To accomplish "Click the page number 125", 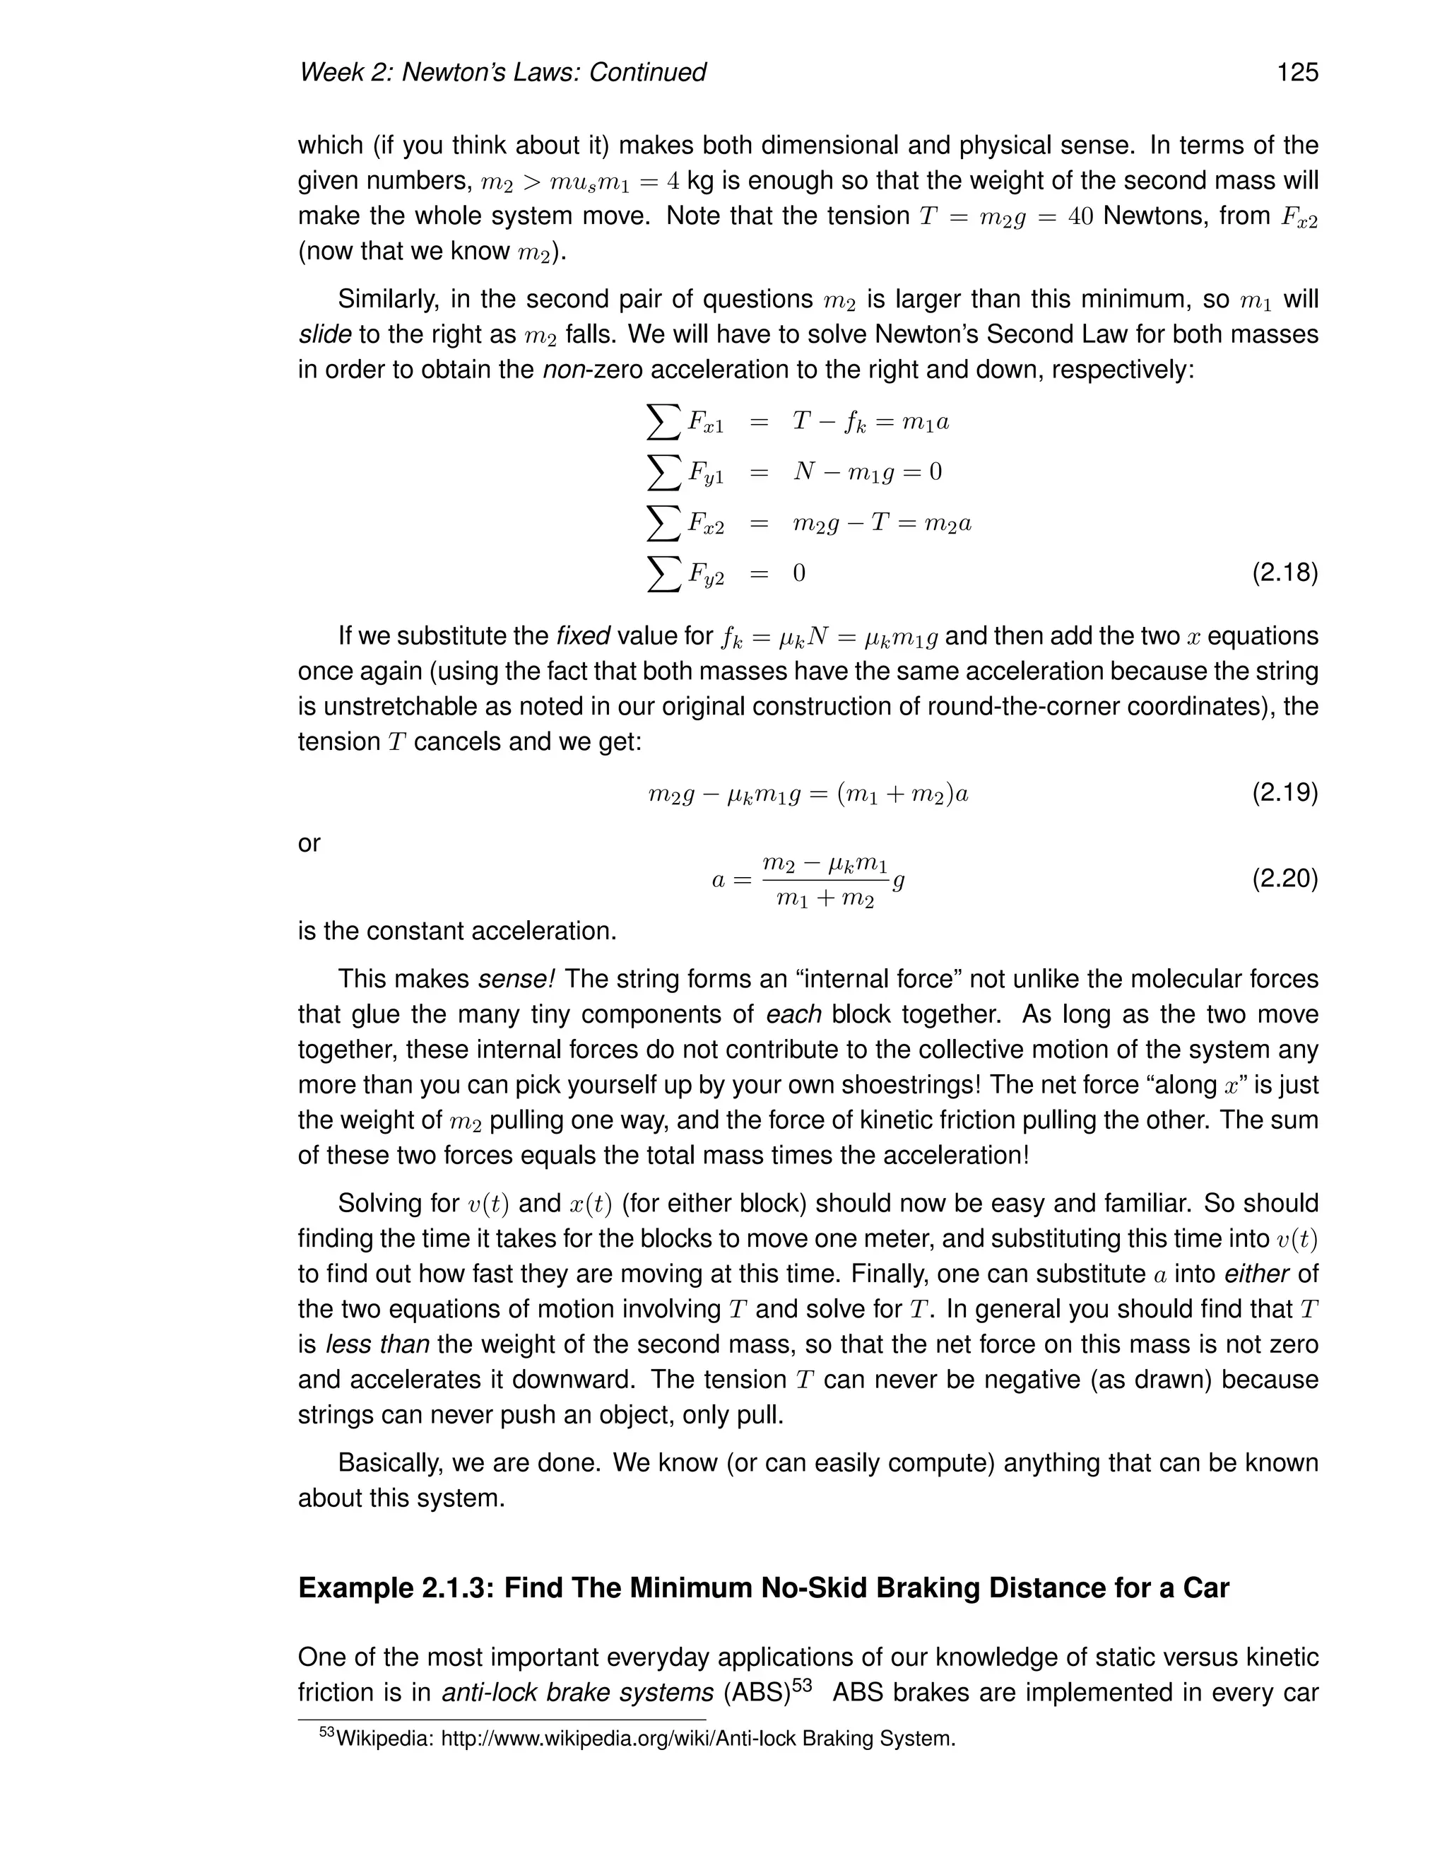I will [x=1297, y=72].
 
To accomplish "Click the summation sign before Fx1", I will [x=663, y=421].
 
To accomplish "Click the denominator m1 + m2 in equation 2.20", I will [x=825, y=900].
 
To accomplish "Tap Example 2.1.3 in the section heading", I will [x=395, y=1588].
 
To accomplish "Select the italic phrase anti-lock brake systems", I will [x=578, y=1693].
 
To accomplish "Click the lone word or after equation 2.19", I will [x=309, y=844].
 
